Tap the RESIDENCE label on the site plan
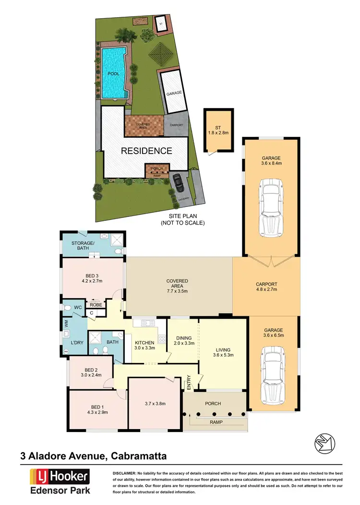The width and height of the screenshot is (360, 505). click(146, 151)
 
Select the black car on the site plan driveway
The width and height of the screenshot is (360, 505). click(179, 182)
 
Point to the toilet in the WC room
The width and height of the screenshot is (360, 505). click(68, 308)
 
